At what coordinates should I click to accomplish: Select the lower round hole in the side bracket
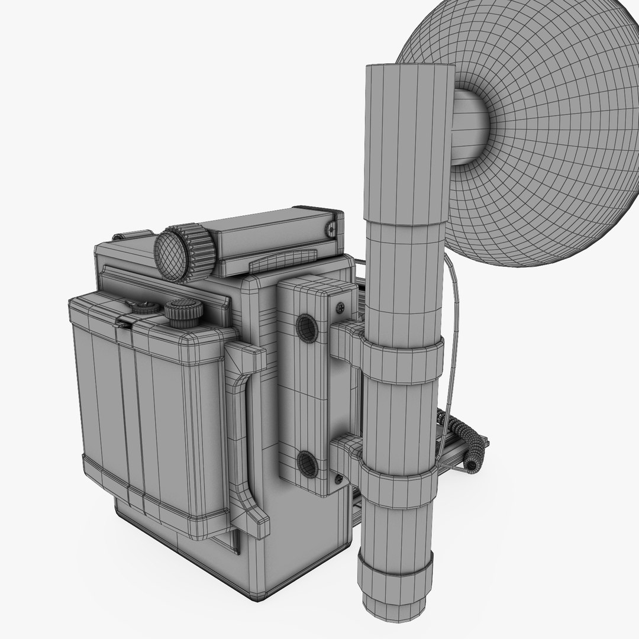[307, 464]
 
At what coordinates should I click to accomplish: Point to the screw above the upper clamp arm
[340, 307]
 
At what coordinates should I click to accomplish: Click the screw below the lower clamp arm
[338, 478]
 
